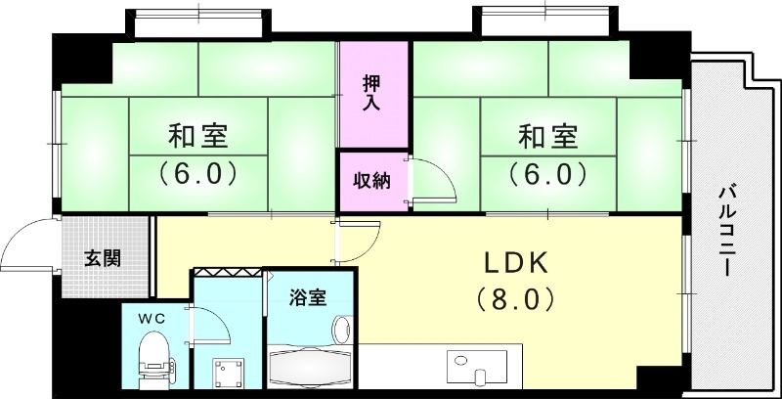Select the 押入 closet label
[372, 90]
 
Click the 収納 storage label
[371, 182]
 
